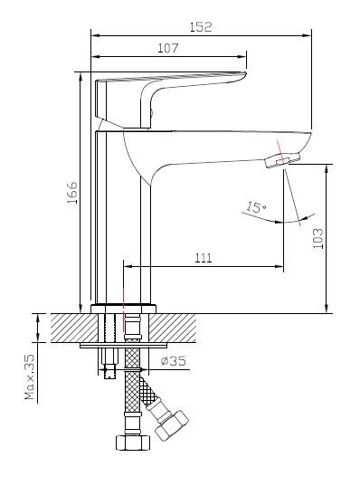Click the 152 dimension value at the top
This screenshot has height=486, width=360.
click(x=201, y=27)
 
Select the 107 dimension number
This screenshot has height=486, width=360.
click(x=168, y=48)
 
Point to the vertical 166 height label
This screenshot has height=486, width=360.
click(x=72, y=193)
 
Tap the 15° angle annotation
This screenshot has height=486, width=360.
click(x=256, y=206)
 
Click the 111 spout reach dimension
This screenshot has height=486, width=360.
click(x=204, y=258)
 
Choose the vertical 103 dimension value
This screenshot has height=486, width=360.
click(x=317, y=238)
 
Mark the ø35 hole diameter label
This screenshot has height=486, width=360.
click(x=174, y=361)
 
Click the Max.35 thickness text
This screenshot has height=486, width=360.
click(x=30, y=376)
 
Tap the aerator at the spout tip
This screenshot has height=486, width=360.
click(x=282, y=160)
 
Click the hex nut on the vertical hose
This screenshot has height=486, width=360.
click(x=133, y=443)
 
